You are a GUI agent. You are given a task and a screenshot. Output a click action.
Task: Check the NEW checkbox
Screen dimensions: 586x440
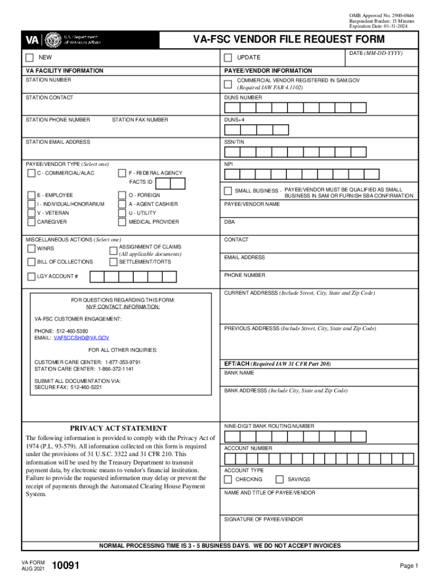(x=30, y=58)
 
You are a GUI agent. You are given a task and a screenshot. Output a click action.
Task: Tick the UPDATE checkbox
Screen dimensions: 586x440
(x=228, y=58)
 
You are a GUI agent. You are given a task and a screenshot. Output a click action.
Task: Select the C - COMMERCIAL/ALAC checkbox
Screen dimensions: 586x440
(x=31, y=173)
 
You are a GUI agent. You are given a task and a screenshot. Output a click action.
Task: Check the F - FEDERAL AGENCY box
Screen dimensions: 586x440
(x=122, y=173)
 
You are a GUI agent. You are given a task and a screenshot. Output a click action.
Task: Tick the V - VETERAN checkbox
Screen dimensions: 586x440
(x=31, y=213)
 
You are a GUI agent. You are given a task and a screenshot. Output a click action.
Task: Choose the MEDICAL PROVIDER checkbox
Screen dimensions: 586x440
(x=122, y=222)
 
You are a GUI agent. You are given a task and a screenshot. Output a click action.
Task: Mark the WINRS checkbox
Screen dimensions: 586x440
(x=31, y=249)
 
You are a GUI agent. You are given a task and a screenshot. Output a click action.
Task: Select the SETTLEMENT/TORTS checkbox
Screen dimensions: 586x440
(x=113, y=262)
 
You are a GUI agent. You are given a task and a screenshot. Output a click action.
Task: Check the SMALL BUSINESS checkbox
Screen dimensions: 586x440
(x=228, y=191)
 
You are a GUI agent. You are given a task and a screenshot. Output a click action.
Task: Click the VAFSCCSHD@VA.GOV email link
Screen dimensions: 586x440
(x=81, y=338)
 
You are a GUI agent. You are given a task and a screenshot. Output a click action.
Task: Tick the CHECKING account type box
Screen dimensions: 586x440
(x=228, y=480)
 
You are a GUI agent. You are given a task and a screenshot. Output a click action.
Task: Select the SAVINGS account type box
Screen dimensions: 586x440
(x=280, y=480)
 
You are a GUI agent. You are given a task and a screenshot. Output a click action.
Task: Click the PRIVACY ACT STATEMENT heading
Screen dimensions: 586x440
(x=118, y=428)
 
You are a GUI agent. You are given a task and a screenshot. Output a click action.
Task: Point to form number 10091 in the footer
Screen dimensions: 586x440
(x=65, y=567)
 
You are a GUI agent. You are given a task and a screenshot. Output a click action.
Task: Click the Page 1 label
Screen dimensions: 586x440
(x=409, y=566)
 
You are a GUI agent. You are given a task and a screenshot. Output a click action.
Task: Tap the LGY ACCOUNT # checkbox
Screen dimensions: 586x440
(x=31, y=277)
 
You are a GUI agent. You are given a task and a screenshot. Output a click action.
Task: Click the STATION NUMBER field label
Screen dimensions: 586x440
(x=49, y=80)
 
